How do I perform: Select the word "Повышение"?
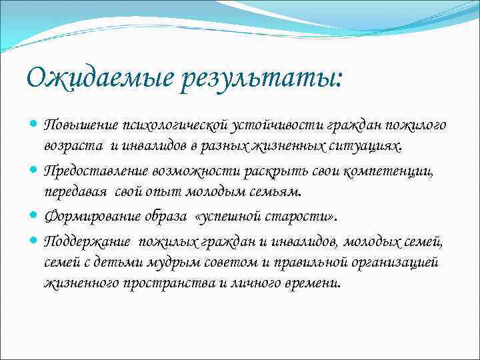pos(73,126)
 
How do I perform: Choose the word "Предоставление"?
pos(89,171)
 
